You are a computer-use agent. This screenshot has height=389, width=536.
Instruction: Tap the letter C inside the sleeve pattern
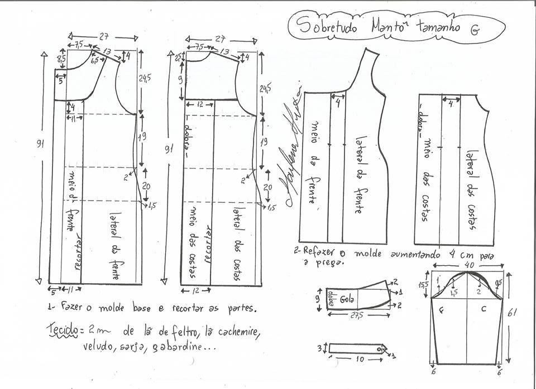click(483, 306)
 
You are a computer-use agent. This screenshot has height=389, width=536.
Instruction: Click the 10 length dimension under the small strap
click(361, 359)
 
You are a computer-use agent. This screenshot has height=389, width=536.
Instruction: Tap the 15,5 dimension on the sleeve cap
click(425, 285)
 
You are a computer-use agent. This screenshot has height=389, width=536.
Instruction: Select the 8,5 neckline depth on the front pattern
click(61, 57)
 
